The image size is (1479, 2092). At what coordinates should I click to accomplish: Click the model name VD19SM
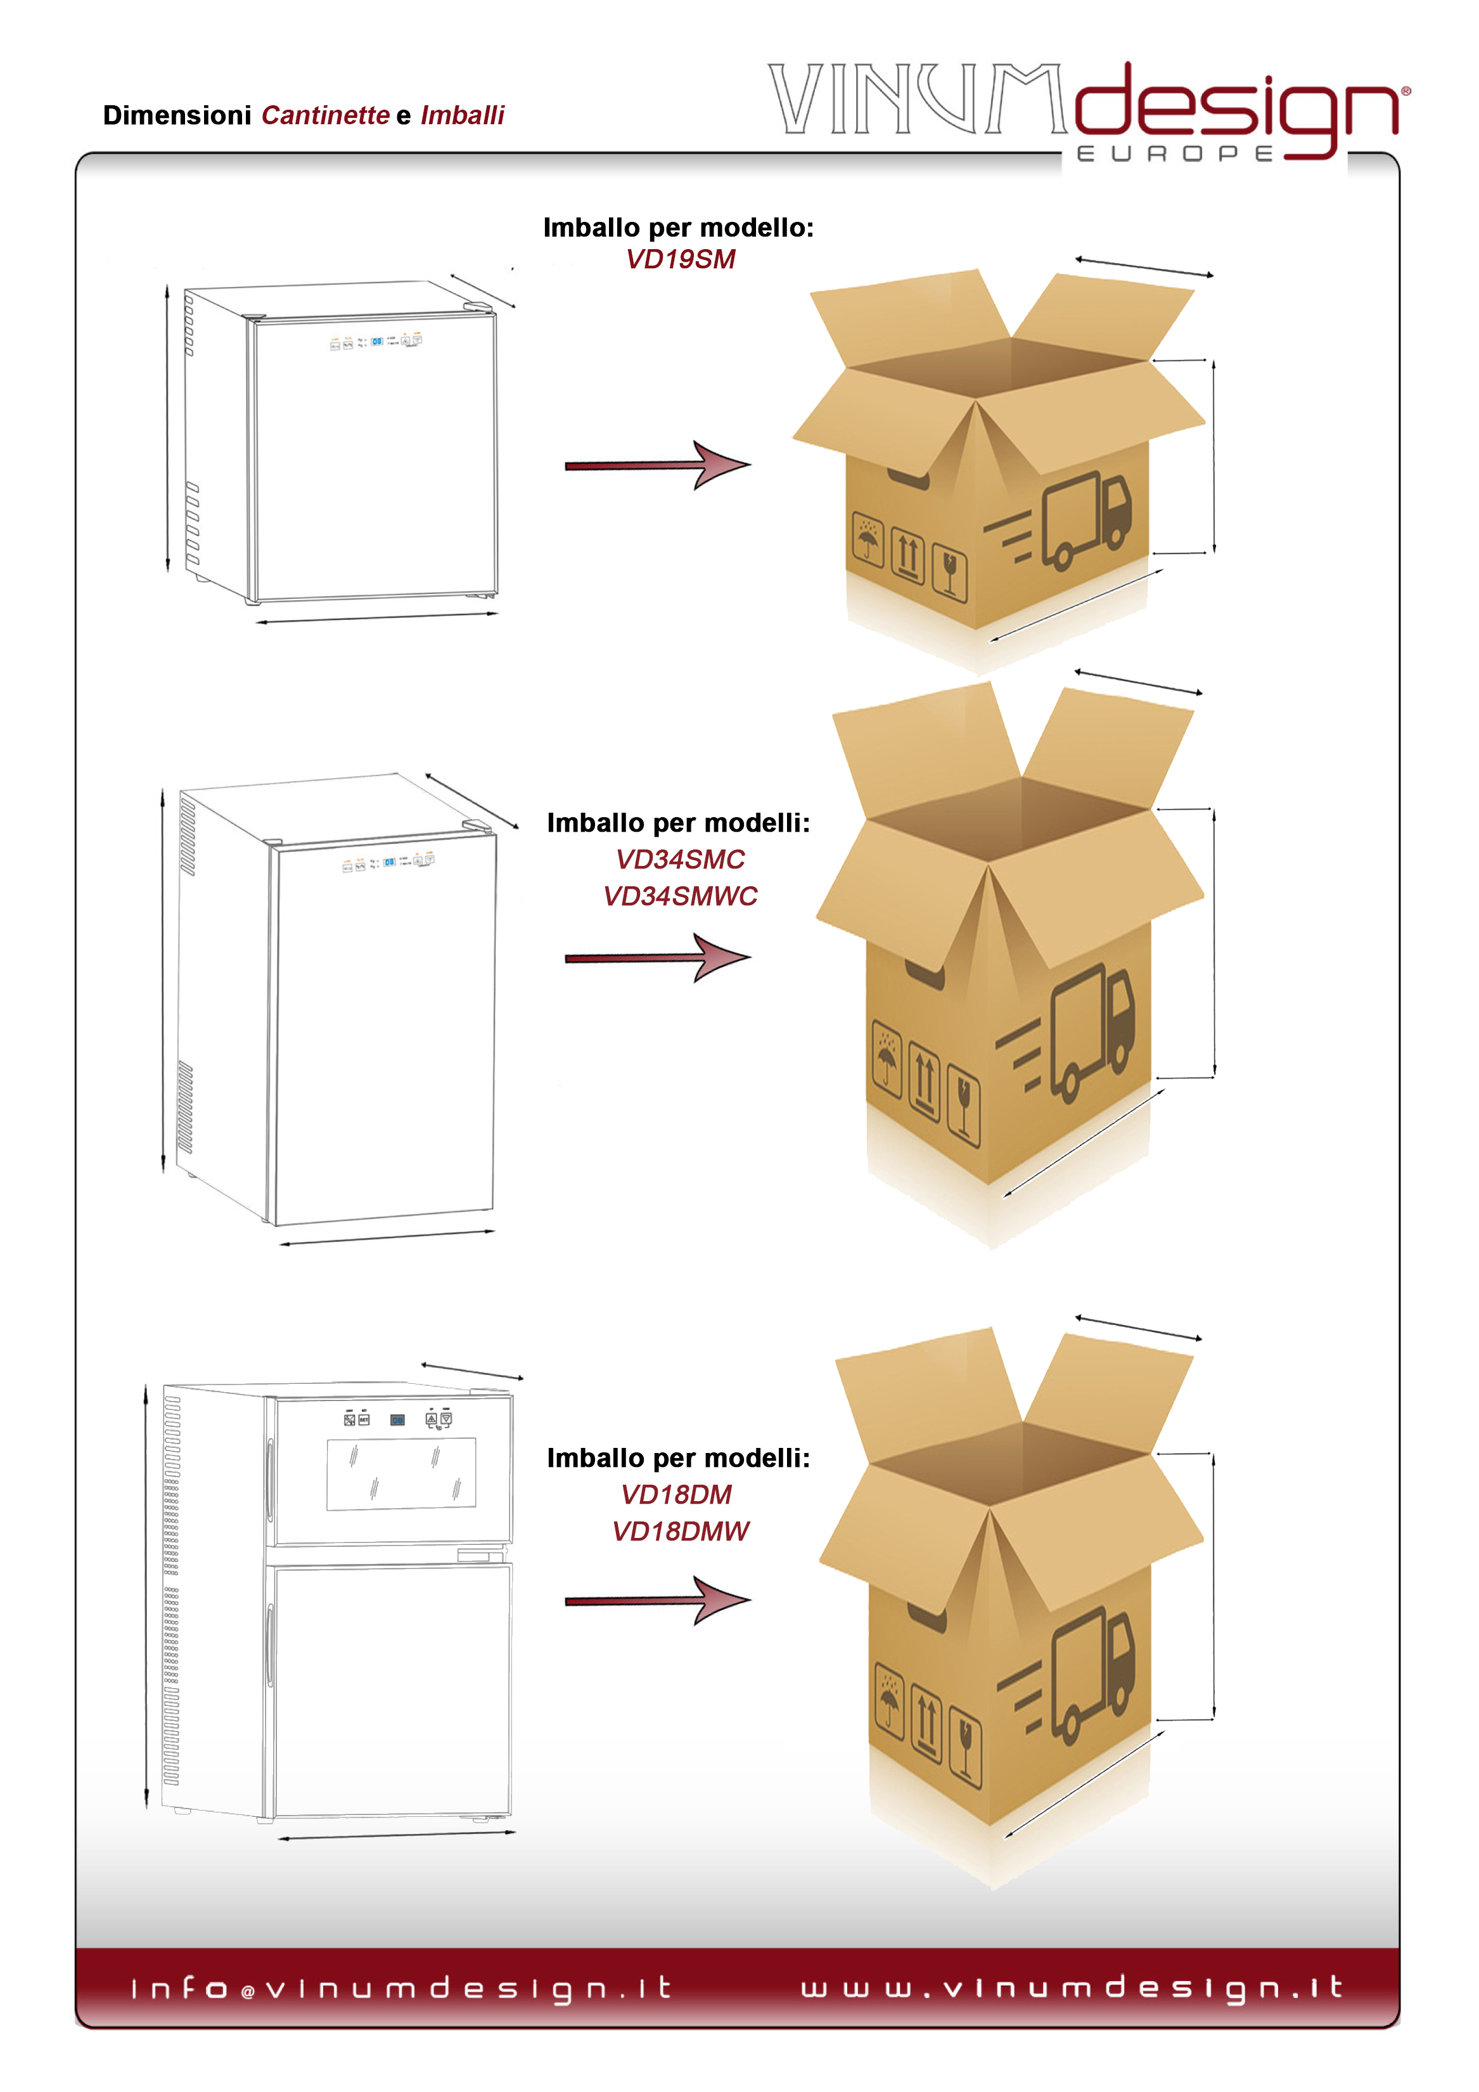click(x=681, y=260)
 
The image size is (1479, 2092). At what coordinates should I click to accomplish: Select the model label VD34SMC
click(x=681, y=859)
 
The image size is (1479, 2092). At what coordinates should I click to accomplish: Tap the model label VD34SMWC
click(x=681, y=896)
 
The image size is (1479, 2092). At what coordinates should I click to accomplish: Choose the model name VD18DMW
click(x=681, y=1532)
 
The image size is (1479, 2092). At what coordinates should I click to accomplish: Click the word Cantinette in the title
click(x=325, y=116)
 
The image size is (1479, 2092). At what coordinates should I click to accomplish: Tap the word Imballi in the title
click(x=463, y=116)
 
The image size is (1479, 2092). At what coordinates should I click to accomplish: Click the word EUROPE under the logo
click(x=1175, y=154)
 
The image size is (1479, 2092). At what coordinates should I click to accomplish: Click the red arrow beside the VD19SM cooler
click(x=658, y=465)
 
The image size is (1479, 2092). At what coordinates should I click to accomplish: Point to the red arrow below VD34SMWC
click(x=658, y=958)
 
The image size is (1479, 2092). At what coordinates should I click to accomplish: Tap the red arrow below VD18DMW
click(x=658, y=1601)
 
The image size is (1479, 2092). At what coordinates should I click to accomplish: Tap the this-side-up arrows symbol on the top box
click(x=908, y=554)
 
